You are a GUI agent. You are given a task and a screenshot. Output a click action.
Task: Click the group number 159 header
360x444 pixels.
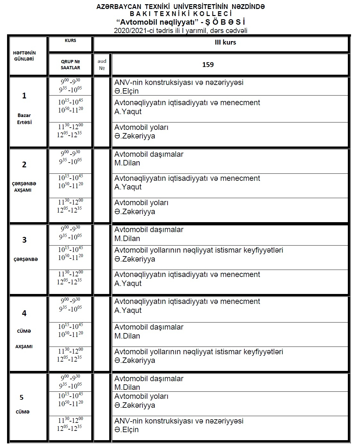pos(208,65)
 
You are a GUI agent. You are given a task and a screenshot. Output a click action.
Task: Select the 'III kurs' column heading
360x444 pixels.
pos(225,42)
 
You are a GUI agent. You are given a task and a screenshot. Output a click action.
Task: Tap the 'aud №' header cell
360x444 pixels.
pos(102,64)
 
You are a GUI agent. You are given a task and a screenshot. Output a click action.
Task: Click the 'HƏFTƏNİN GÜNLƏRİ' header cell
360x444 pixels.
pos(24,56)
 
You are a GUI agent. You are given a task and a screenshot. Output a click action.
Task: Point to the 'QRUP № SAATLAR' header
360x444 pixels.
pos(70,64)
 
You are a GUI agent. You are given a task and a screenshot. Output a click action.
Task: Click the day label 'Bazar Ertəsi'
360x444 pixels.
pos(24,119)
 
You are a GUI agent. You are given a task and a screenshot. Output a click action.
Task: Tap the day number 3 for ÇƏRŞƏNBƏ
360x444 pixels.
pos(24,240)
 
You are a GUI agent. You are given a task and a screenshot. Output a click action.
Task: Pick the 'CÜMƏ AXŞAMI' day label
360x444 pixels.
pos(24,339)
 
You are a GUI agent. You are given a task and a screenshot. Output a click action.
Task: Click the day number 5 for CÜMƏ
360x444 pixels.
pos(21,397)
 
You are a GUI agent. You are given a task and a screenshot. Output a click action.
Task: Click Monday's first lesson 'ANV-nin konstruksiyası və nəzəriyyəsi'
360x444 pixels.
pos(179,82)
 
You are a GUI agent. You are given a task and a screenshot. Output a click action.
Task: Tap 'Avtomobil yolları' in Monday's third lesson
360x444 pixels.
pos(141,127)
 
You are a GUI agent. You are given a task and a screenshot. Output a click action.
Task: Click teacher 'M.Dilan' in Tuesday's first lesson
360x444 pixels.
pos(127,163)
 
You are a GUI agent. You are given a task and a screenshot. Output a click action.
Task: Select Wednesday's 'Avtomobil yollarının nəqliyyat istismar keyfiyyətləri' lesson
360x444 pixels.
pos(199,250)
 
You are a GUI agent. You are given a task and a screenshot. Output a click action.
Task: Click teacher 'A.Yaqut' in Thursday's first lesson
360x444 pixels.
pos(128,310)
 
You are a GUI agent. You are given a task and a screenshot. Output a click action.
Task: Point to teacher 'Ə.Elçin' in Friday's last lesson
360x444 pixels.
pos(127,430)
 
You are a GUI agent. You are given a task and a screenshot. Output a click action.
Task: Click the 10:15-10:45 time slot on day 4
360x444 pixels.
pos(70,326)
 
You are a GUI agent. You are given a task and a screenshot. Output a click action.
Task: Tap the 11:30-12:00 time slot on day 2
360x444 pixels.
pos(70,202)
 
